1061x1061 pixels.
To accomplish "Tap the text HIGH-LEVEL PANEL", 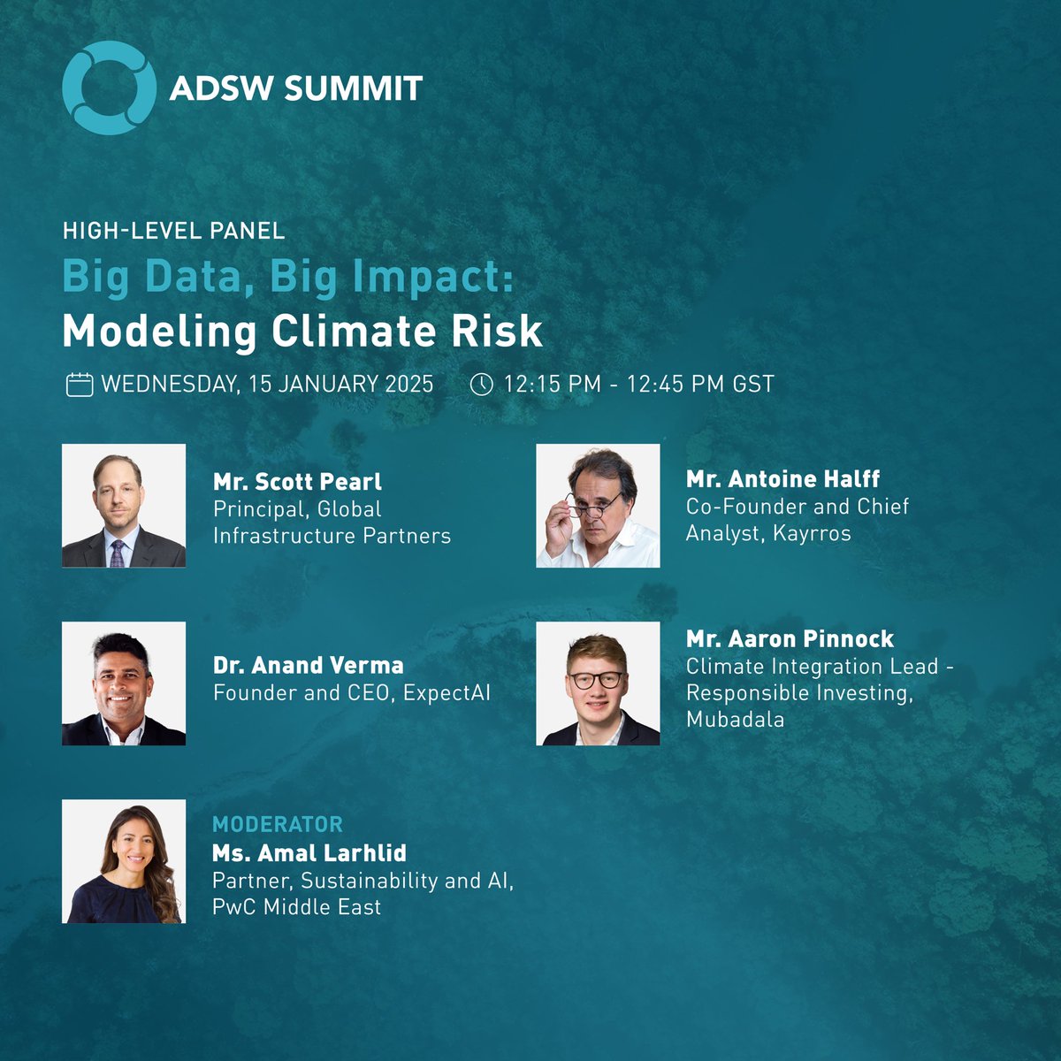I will point(173,232).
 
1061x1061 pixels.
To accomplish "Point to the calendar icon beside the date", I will point(80,385).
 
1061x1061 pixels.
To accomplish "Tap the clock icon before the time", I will point(481,385).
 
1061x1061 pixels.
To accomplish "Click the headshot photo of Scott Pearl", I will point(124,505).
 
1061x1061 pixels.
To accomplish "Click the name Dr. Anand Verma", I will point(308,665).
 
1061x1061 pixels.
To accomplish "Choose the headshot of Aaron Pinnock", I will point(598,683).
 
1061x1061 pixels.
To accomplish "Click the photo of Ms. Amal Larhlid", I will point(124,861).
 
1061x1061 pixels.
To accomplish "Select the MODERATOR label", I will point(277,824).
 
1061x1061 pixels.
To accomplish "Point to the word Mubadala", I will point(735,719).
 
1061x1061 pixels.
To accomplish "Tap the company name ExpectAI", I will point(447,692).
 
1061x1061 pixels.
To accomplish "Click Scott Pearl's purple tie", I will point(117,553).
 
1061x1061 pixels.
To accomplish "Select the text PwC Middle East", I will point(296,907).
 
